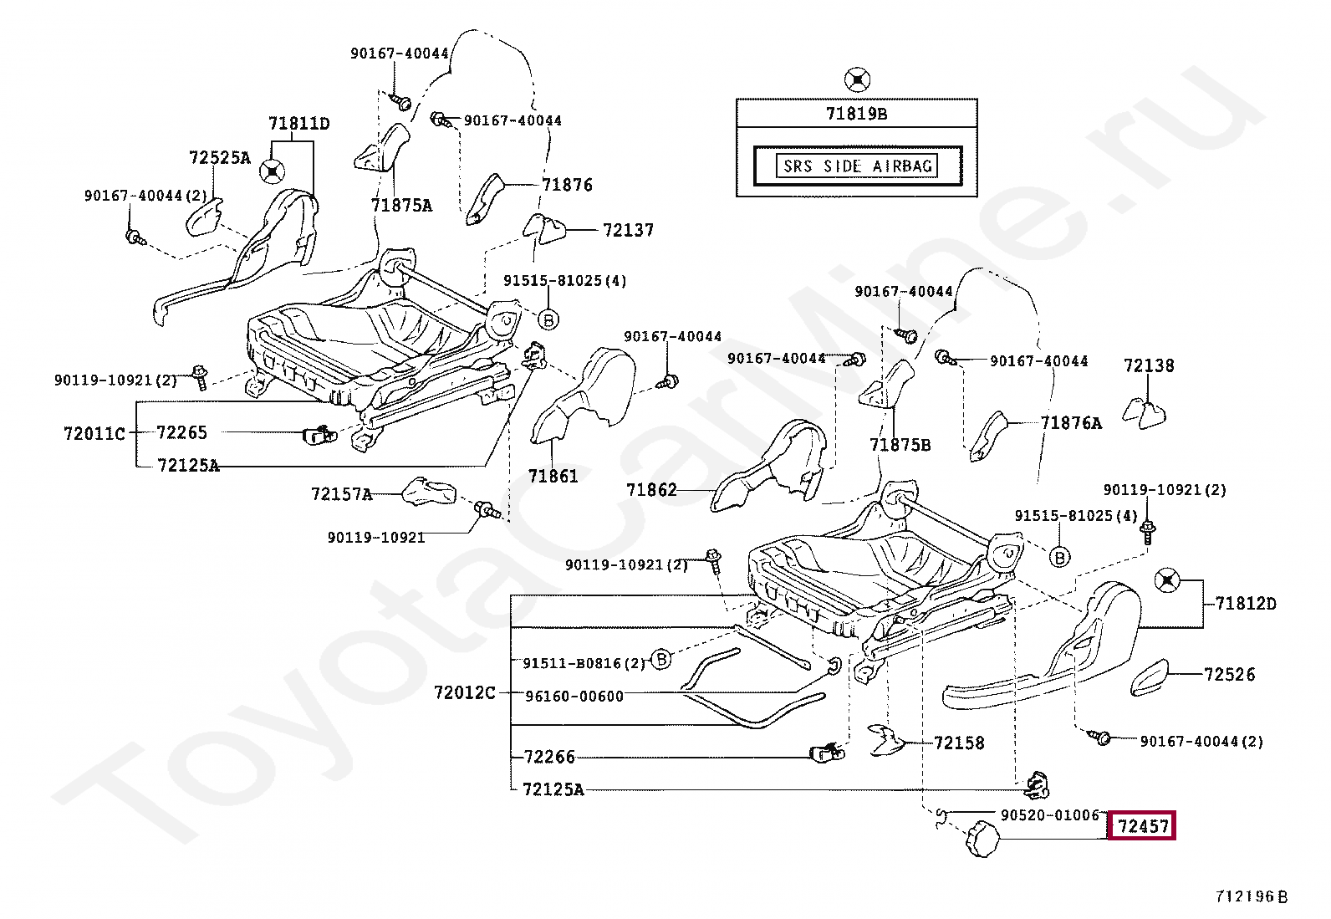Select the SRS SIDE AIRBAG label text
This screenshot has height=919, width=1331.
point(858,166)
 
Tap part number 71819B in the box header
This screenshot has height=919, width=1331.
point(856,113)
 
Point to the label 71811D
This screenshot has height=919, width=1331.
point(298,123)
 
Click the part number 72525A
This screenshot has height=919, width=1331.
point(219,157)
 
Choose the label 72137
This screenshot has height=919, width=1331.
point(628,230)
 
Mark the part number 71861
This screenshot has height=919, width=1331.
point(553,476)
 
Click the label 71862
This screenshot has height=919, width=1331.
point(651,490)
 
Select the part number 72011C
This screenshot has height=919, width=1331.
point(94,433)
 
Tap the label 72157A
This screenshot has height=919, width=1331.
point(342,494)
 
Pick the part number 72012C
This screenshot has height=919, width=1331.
point(464,692)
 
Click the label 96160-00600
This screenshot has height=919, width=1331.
point(574,696)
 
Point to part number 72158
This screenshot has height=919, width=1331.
point(959,743)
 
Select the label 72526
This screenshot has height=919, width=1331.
point(1229,674)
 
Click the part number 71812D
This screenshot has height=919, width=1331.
point(1246,604)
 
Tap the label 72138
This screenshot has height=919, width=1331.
point(1149,365)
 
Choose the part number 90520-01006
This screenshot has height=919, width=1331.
point(1050,814)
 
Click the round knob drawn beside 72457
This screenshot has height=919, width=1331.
point(982,838)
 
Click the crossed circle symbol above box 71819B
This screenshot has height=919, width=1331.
point(857,79)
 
